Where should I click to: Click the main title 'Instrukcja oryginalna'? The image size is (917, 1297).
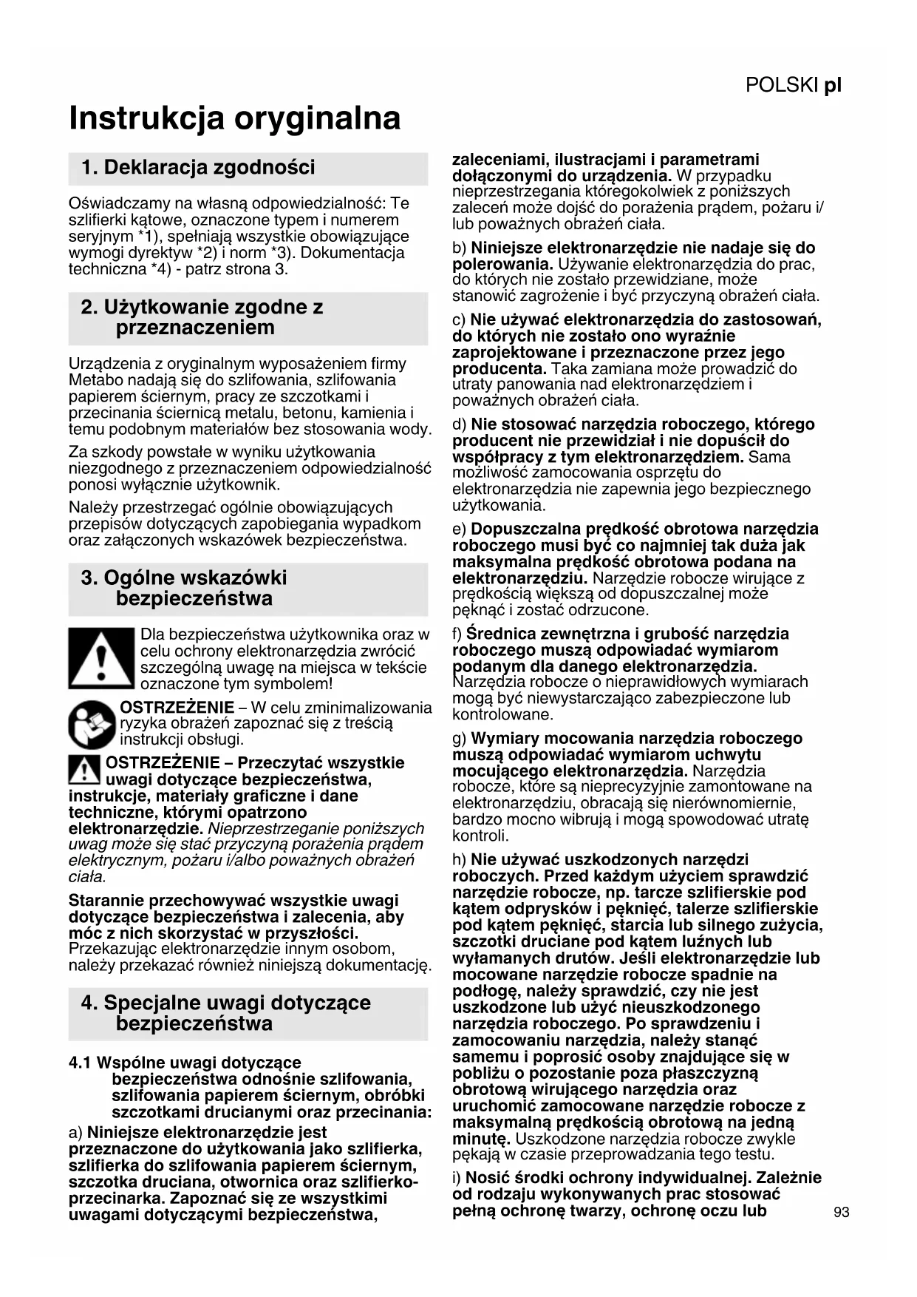click(235, 118)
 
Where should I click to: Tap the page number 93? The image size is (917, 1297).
click(841, 1212)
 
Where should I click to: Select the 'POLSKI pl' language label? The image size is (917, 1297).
click(794, 85)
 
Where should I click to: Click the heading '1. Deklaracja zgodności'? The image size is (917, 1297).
click(198, 168)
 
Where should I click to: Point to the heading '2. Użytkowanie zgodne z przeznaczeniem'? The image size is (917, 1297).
click(202, 318)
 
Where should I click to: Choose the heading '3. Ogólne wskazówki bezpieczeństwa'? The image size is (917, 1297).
click(184, 589)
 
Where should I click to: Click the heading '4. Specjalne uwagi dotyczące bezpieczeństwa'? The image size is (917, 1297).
click(226, 1014)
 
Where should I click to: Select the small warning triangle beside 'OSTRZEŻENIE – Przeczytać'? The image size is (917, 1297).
click(85, 771)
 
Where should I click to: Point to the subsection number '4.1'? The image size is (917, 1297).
click(80, 1063)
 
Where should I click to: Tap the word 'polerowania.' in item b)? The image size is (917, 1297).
click(502, 264)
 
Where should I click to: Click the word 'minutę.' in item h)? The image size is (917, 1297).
click(481, 1139)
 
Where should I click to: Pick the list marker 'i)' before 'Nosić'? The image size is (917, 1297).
click(457, 1178)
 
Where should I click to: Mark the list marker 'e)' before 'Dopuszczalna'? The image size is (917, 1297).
click(459, 529)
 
